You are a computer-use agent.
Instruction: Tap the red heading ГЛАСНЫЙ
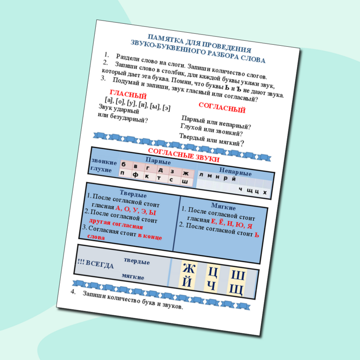(128, 94)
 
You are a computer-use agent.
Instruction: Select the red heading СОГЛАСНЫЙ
(222, 108)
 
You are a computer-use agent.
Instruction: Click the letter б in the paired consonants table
(124, 164)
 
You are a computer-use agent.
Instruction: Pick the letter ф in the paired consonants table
(135, 175)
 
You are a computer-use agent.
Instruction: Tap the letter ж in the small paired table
(185, 173)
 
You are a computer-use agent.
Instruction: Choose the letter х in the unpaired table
(265, 192)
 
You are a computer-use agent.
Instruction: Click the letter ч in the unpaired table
(240, 189)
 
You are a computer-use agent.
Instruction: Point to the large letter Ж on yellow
(189, 268)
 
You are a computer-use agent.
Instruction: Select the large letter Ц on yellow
(213, 272)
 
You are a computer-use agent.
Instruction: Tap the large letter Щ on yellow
(236, 290)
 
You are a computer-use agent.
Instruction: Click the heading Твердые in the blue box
(133, 194)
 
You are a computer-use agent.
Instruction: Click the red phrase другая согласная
(116, 224)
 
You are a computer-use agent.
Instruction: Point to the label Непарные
(235, 171)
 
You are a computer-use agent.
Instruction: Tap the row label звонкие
(104, 162)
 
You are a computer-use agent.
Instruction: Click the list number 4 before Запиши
(73, 291)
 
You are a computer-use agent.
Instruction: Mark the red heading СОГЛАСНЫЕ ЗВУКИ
(184, 155)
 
